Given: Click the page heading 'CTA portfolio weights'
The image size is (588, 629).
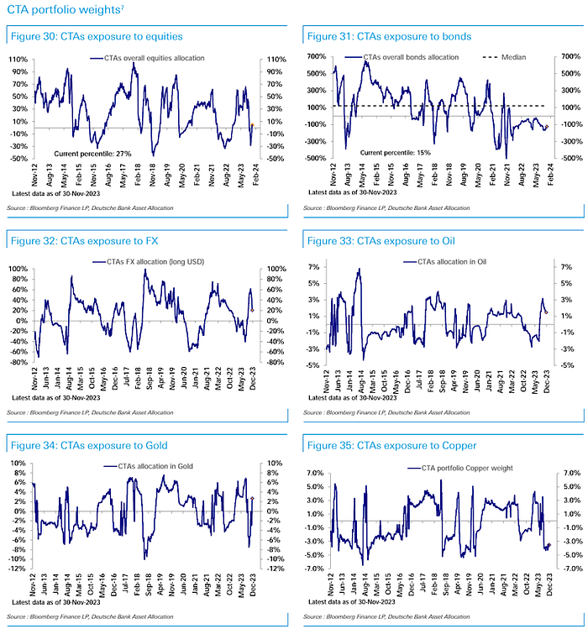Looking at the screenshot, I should point(64,11).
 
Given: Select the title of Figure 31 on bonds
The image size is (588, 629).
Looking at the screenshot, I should point(389,37).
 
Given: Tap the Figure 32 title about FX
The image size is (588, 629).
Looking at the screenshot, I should point(81,241).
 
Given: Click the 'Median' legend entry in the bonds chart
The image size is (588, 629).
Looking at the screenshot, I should point(513,57).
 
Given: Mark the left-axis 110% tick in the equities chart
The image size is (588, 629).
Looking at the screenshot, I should point(18,60).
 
